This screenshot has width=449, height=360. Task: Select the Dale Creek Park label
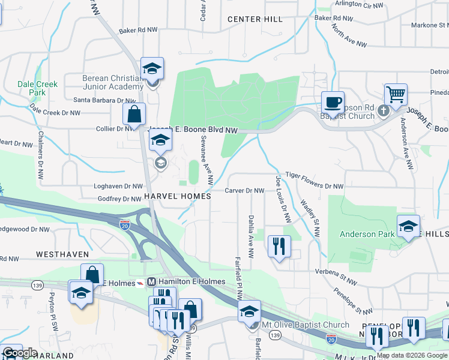tap(38, 88)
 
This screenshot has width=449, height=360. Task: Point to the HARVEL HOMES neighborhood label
tap(177, 196)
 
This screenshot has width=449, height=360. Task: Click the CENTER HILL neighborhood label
tap(255, 19)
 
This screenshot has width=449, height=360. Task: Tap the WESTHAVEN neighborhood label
tap(62, 254)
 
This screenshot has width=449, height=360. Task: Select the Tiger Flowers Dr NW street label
tap(314, 187)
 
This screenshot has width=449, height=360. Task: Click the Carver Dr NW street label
tap(244, 191)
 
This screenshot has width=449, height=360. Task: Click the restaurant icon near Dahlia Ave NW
tap(279, 247)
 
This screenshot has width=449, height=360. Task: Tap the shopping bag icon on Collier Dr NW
tap(134, 114)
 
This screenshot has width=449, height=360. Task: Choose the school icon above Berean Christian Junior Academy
tap(152, 68)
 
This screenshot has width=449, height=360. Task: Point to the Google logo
tap(20, 353)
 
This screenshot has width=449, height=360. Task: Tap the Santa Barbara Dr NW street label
tap(105, 101)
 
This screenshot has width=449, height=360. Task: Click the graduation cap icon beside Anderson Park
tap(408, 226)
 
